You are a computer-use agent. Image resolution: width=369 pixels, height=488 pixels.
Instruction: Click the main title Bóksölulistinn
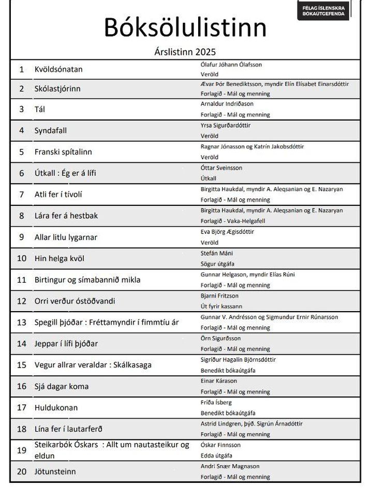tap(185, 27)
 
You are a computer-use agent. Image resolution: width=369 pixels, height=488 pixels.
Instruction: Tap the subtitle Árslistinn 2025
tap(185, 52)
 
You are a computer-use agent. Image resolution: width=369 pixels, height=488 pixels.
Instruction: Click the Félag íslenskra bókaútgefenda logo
tap(324, 10)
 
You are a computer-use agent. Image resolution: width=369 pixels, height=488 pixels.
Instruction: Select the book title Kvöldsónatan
tap(58, 69)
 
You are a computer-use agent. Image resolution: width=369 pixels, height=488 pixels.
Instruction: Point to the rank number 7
tap(22, 194)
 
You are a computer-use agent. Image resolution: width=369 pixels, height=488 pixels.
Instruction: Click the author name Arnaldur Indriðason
tap(227, 104)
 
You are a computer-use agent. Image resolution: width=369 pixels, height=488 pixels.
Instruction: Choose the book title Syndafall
tap(50, 130)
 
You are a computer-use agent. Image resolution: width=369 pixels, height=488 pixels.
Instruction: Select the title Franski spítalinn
tap(63, 152)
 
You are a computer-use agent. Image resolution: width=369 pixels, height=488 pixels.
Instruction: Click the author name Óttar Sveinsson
tap(221, 168)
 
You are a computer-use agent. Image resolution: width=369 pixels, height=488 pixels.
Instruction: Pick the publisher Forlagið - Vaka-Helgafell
tap(234, 221)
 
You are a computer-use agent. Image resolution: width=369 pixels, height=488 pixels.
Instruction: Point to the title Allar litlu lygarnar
tap(66, 237)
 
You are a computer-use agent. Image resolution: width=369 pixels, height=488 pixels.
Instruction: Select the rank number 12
tap(22, 301)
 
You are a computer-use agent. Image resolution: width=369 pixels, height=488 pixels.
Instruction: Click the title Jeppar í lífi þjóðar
tap(66, 343)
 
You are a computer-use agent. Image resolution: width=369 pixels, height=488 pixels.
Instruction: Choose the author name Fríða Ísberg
tap(216, 402)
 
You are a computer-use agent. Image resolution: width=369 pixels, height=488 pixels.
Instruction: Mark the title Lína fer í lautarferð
tap(68, 429)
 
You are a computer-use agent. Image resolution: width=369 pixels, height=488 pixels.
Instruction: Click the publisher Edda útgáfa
tap(216, 455)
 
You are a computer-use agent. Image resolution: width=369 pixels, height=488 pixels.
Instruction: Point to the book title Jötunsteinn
tap(55, 471)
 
